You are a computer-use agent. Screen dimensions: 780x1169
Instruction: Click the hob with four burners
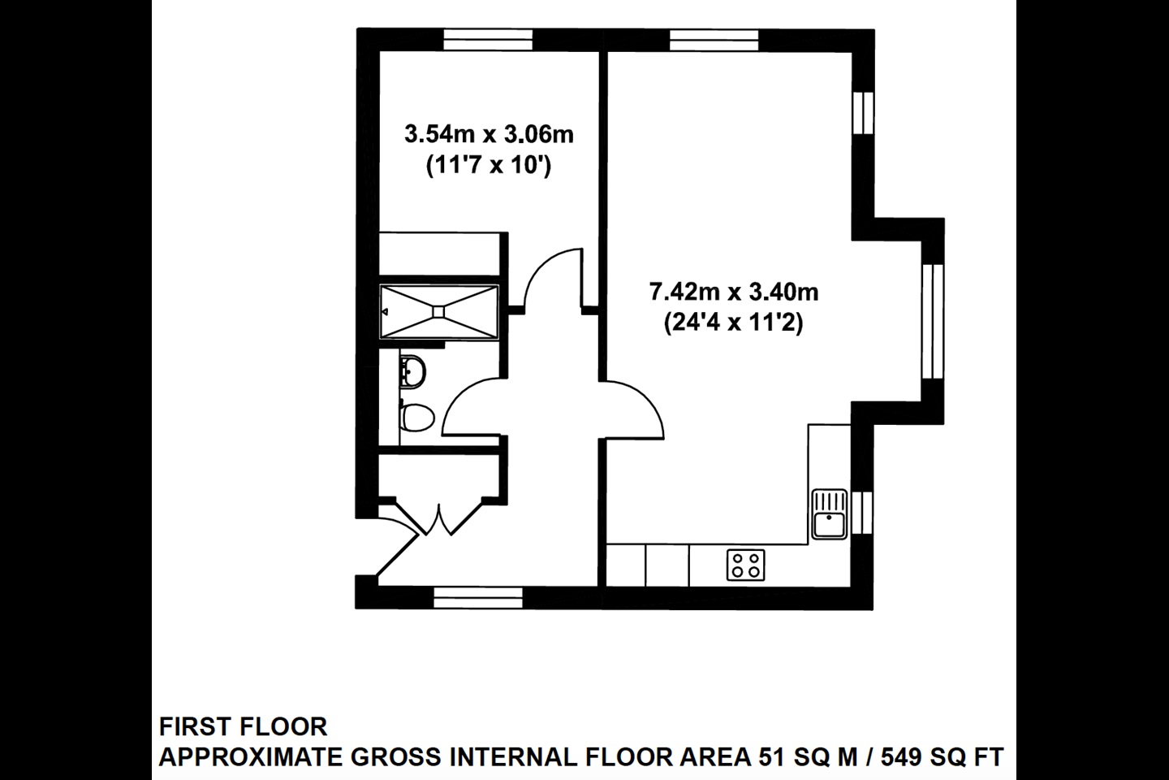[x=745, y=565]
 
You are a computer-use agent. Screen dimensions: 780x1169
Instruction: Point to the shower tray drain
[x=439, y=310]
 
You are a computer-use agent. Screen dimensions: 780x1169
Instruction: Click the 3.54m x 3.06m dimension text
[x=489, y=133]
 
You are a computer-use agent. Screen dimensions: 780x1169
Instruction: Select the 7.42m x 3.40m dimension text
[x=733, y=290]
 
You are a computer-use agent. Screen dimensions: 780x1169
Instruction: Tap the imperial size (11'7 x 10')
[x=489, y=167]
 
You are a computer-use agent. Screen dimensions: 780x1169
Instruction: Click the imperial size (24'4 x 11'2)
[x=733, y=323]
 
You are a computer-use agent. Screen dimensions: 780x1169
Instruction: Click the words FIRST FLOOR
[x=243, y=726]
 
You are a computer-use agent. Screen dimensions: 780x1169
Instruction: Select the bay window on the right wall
[x=937, y=321]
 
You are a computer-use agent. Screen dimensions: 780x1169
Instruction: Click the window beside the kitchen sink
[x=864, y=514]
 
